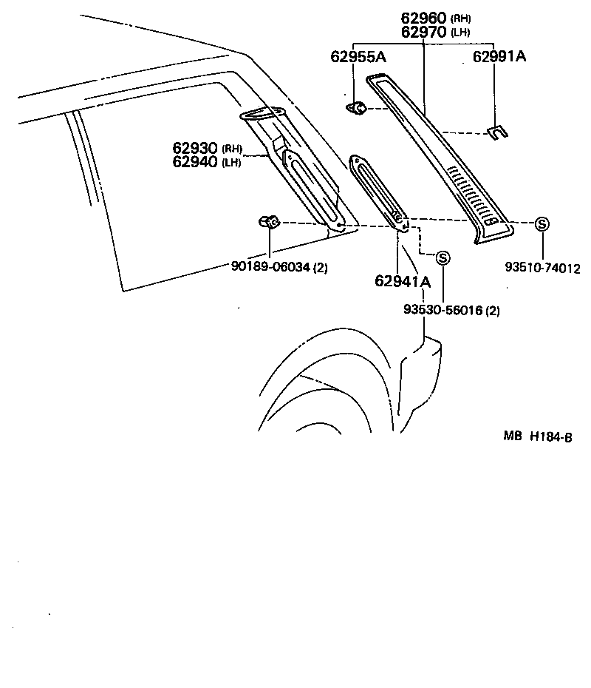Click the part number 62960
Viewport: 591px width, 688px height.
pos(423,18)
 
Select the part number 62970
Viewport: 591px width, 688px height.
pos(423,32)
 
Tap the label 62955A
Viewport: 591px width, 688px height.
pos(362,56)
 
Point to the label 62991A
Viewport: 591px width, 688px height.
pos(499,56)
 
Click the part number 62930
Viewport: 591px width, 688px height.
pos(196,149)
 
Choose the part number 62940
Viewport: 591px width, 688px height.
pos(196,162)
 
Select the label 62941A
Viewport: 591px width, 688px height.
pos(403,280)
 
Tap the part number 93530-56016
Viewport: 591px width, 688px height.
pos(443,311)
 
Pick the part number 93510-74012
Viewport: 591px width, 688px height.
pos(543,268)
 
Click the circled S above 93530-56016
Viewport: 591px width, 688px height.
pos(443,258)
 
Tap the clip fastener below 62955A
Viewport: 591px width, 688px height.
pos(357,108)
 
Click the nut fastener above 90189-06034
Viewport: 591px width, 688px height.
pos(269,221)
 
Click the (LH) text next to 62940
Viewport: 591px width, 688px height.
pos(231,163)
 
